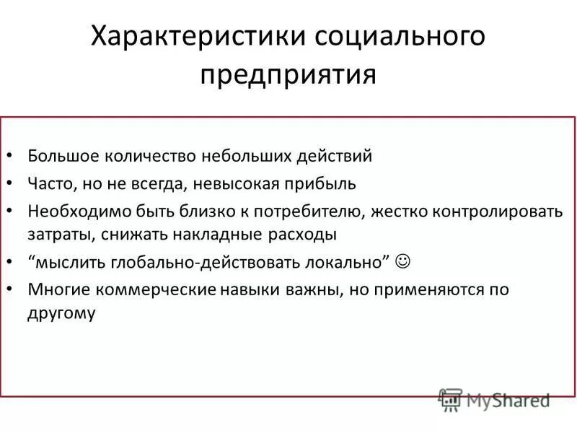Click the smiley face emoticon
(x=405, y=261)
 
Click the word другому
(x=63, y=314)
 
